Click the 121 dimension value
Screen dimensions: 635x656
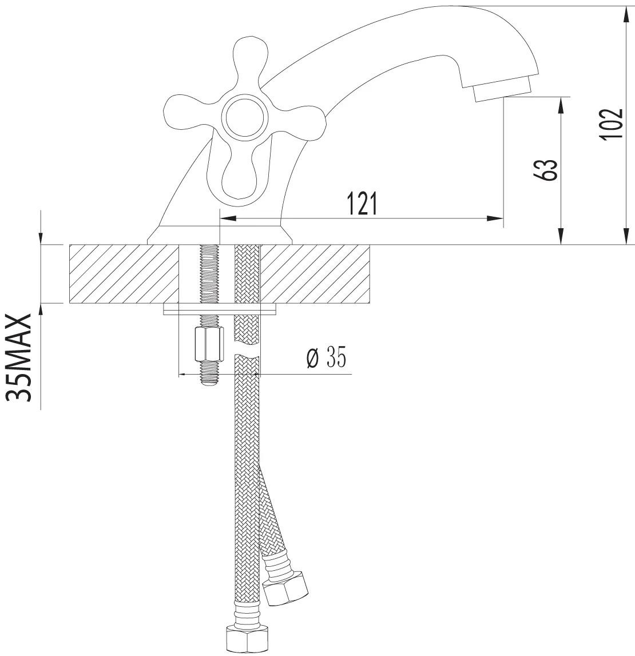click(363, 204)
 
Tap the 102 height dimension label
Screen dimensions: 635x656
click(611, 125)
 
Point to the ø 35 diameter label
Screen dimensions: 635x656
click(326, 357)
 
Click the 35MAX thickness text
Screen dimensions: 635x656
click(19, 357)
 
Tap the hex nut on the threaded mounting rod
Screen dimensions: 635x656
click(209, 345)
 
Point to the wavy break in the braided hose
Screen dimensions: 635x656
click(247, 350)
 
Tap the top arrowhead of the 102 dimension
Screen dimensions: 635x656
click(626, 15)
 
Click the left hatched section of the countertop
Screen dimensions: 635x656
click(124, 273)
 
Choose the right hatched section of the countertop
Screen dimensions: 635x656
click(315, 273)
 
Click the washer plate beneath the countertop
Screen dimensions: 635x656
click(220, 309)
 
